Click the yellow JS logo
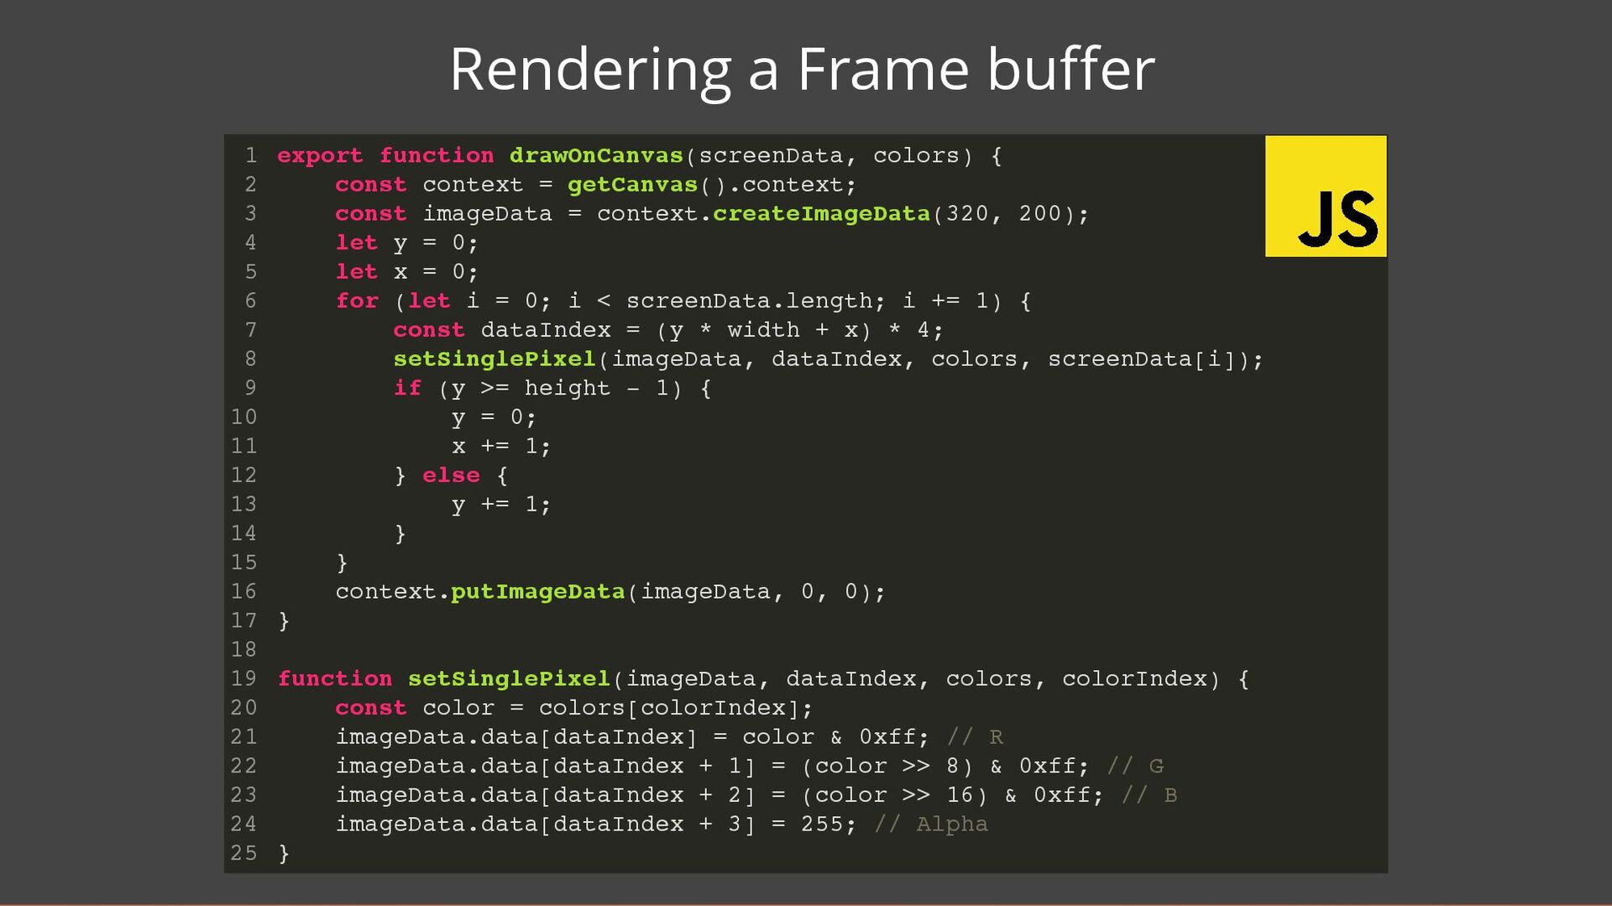[1325, 196]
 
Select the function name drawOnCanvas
[596, 156]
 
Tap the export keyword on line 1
[320, 156]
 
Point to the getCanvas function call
[632, 185]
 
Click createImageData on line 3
[821, 214]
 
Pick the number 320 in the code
[967, 214]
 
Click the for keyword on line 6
[357, 301]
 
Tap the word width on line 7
[763, 330]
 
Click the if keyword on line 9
[407, 388]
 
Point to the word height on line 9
[567, 388]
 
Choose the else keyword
[451, 475]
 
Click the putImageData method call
[537, 592]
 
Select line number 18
[243, 650]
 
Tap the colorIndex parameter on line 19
[1134, 679]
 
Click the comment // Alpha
[930, 825]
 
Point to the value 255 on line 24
[821, 825]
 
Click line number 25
[243, 853]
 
